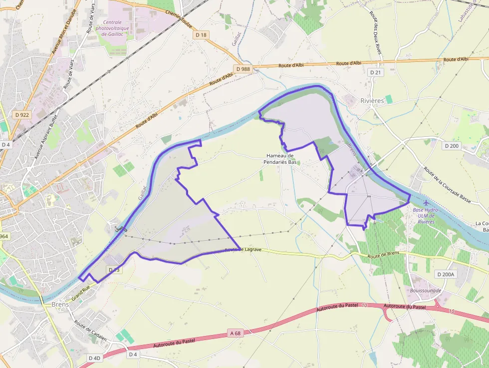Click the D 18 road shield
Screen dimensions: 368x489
pyautogui.click(x=201, y=35)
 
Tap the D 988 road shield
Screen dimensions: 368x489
pyautogui.click(x=243, y=69)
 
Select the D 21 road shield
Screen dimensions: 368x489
pyautogui.click(x=375, y=72)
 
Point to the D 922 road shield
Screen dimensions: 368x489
pyautogui.click(x=22, y=115)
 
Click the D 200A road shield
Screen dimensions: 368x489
pyautogui.click(x=446, y=274)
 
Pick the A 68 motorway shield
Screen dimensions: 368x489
pyautogui.click(x=236, y=333)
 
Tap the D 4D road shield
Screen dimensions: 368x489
pyautogui.click(x=94, y=358)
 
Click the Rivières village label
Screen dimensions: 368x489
pyautogui.click(x=372, y=101)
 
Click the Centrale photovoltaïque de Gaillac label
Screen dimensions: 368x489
pyautogui.click(x=116, y=28)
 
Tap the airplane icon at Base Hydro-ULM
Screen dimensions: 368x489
pyautogui.click(x=426, y=203)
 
